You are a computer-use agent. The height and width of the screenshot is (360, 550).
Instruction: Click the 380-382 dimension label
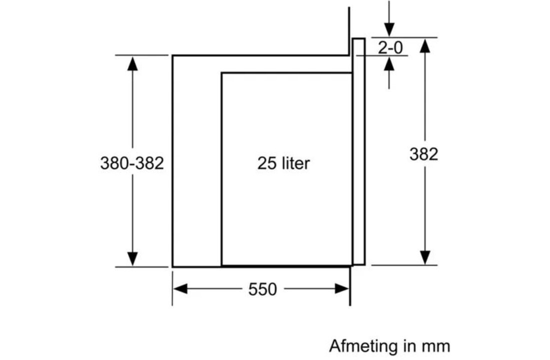[132, 163]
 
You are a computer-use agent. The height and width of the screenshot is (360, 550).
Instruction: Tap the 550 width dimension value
[262, 289]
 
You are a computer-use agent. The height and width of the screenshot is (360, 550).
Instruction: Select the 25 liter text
[283, 163]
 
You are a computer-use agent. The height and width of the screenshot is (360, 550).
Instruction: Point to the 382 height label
[423, 154]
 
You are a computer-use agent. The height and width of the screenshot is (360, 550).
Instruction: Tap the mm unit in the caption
[437, 346]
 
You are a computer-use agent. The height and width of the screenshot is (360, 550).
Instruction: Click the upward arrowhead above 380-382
[132, 63]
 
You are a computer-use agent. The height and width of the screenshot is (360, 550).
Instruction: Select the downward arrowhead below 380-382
[132, 258]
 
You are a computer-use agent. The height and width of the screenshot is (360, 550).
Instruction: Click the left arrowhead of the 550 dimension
[180, 288]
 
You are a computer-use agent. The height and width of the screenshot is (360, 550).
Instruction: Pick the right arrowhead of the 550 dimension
[342, 288]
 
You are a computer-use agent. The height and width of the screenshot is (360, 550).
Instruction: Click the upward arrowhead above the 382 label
[424, 45]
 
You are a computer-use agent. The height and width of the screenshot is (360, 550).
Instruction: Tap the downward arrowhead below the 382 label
[424, 257]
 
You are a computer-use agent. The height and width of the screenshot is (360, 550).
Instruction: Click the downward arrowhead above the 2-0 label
[389, 29]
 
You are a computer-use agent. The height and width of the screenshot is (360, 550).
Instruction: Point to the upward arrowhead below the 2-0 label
[389, 63]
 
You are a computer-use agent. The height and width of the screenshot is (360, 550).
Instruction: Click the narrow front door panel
[359, 150]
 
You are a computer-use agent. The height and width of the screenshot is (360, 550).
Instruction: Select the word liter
[294, 163]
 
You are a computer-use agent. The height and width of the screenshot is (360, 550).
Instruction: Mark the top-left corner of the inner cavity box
[221, 73]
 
